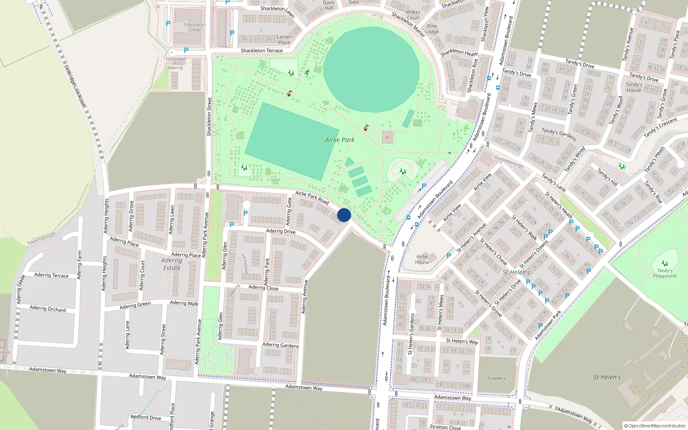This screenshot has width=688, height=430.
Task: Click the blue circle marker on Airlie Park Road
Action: [344, 215]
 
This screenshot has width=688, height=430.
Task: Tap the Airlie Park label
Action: [340, 140]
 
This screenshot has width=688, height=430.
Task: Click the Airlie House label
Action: [422, 259]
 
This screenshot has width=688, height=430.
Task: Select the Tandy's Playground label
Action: [664, 273]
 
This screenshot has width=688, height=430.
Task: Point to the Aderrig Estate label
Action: [172, 264]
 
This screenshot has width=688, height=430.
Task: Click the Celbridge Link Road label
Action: [75, 86]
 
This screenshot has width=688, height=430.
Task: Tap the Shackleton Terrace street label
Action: [261, 51]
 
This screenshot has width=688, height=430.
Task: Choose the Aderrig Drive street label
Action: [280, 231]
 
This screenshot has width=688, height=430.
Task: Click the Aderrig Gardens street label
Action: [280, 345]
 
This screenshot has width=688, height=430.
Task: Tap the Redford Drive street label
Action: [146, 417]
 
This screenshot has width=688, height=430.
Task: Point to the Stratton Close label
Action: [445, 427]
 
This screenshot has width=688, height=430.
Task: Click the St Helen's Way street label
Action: [462, 341]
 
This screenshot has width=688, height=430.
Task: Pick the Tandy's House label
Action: [634, 87]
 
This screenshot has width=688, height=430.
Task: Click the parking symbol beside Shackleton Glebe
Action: [168, 24]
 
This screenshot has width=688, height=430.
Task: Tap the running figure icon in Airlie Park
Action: [307, 73]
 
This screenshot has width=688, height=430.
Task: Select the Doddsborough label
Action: [509, 161]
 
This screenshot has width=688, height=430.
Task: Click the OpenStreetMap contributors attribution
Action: [654, 426]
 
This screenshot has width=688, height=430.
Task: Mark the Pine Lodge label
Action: [432, 29]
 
